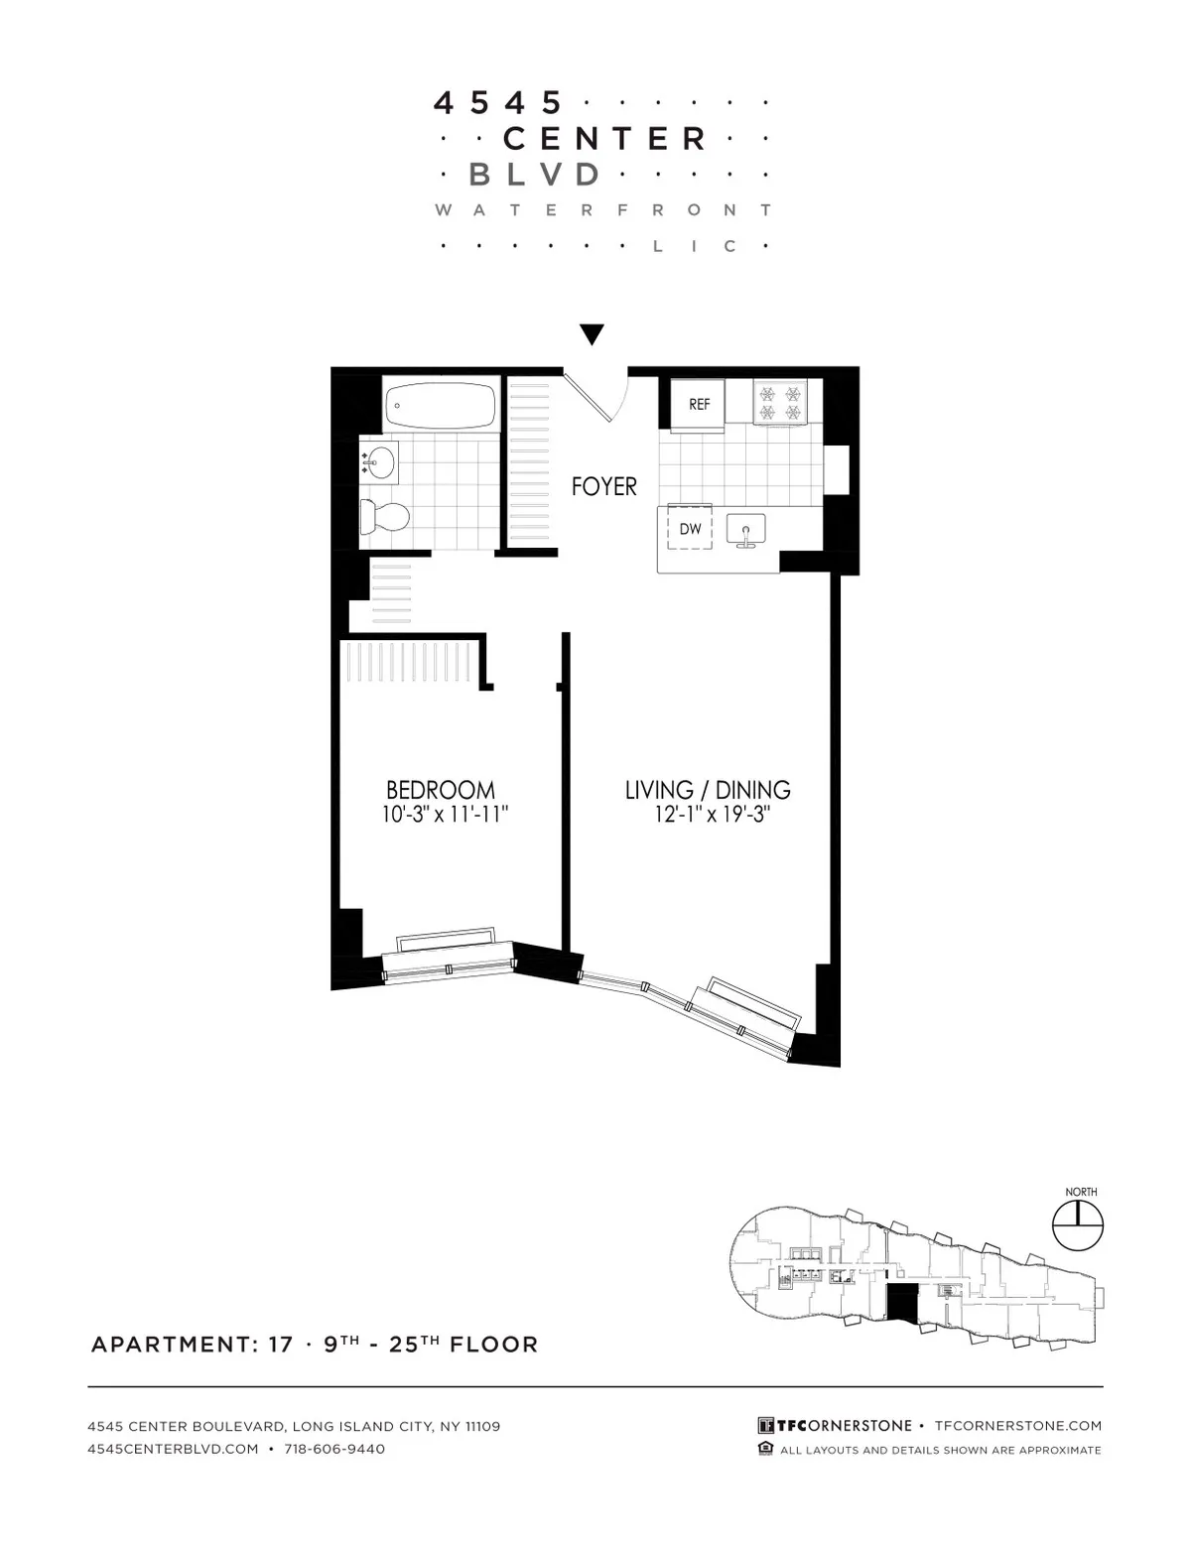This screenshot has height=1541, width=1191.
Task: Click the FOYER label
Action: pyautogui.click(x=603, y=486)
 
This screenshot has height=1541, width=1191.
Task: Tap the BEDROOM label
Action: pyautogui.click(x=440, y=790)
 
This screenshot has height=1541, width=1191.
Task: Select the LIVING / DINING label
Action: pyautogui.click(x=707, y=790)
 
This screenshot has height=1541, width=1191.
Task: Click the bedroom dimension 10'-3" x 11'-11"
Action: pyautogui.click(x=440, y=815)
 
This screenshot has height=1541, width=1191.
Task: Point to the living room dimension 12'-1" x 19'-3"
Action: pyautogui.click(x=707, y=815)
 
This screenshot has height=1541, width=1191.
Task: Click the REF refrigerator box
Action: pyautogui.click(x=699, y=405)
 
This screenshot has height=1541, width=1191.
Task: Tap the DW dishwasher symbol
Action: pyautogui.click(x=690, y=528)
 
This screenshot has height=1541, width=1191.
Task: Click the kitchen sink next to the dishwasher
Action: pyautogui.click(x=746, y=529)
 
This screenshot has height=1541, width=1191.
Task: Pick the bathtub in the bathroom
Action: pyautogui.click(x=440, y=406)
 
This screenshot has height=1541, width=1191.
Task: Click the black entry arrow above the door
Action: pyautogui.click(x=593, y=334)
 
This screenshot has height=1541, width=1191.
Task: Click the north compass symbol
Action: pyautogui.click(x=1077, y=1225)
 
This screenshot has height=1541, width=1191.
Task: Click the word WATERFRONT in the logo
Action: pyautogui.click(x=603, y=209)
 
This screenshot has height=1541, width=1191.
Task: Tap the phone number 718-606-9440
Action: pyautogui.click(x=334, y=1449)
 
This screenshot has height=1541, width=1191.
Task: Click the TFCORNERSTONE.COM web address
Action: pyautogui.click(x=1018, y=1426)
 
